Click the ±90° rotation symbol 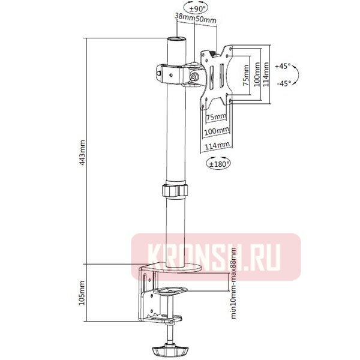197,8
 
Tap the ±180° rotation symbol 219,162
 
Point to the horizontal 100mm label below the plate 217,130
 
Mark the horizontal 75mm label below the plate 217,116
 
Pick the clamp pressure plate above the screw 170,293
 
